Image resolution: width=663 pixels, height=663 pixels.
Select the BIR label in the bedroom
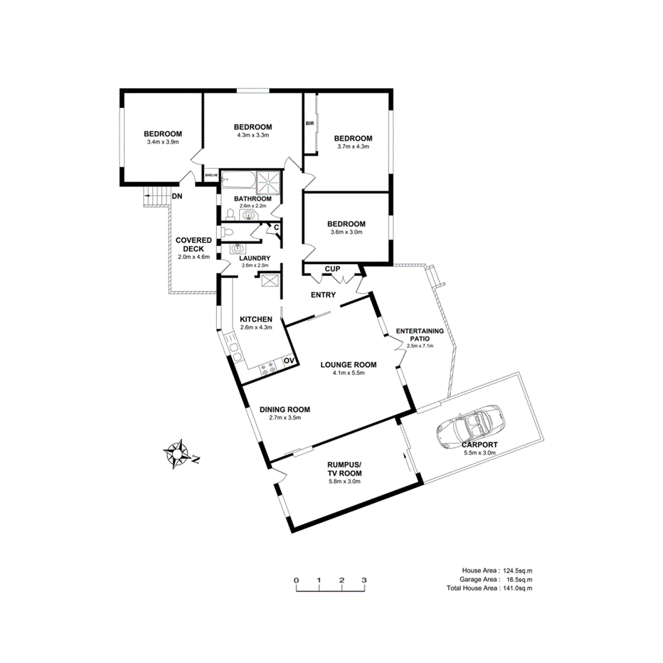click(x=309, y=123)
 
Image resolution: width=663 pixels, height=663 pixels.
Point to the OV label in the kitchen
click(x=289, y=362)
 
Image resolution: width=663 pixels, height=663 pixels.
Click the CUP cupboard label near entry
click(x=332, y=269)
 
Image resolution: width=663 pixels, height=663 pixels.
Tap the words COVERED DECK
click(x=193, y=245)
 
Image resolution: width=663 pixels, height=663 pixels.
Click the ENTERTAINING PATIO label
click(x=420, y=335)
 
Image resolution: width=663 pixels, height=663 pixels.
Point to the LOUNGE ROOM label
click(x=348, y=365)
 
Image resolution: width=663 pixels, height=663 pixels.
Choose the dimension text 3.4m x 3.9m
click(x=162, y=142)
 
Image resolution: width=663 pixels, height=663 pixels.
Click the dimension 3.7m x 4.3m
click(x=354, y=147)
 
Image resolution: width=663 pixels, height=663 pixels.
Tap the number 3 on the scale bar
click(x=364, y=580)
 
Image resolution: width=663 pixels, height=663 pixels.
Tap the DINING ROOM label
click(x=285, y=409)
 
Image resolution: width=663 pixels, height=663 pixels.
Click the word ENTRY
click(x=323, y=295)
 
